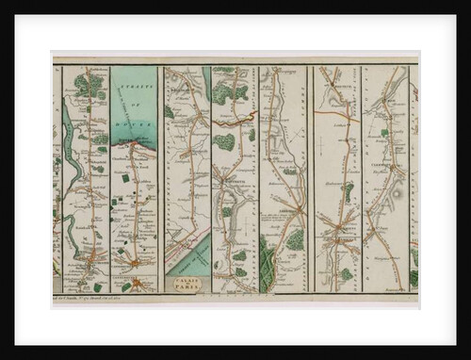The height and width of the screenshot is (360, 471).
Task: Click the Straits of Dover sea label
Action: pos(135,104)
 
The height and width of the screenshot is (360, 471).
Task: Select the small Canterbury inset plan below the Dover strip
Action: pos(137,283)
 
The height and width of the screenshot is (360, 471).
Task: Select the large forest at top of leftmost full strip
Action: pos(88,85)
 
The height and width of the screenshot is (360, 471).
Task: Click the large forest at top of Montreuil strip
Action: pos(227,91)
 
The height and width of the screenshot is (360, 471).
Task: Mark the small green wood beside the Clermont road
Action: pos(384,133)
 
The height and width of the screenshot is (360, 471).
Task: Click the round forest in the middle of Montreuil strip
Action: pos(225,142)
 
